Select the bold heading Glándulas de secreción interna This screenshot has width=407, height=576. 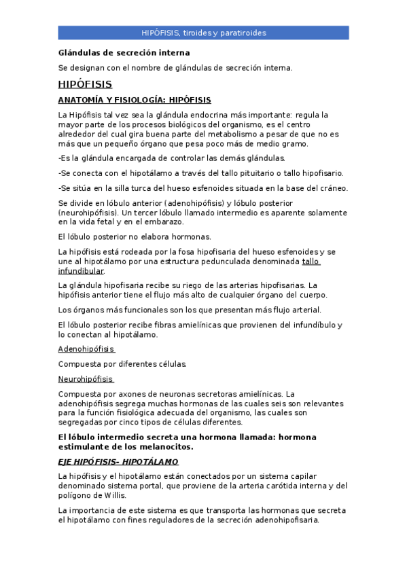click(x=124, y=52)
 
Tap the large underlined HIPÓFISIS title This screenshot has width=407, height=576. click(x=85, y=84)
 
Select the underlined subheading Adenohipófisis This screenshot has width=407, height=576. click(x=86, y=349)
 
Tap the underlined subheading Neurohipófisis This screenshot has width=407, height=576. click(x=86, y=379)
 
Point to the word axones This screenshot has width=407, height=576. click(x=138, y=394)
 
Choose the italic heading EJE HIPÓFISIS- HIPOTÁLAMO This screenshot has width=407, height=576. click(x=118, y=462)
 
